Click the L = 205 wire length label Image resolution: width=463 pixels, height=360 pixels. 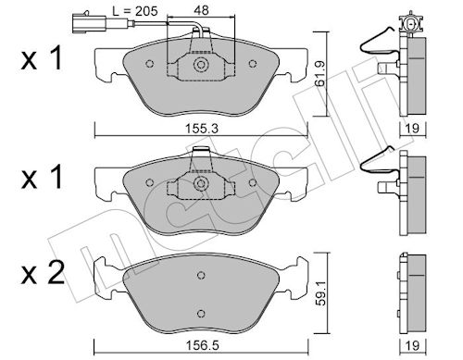coord(135,11)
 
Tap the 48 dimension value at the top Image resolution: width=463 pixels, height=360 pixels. coord(201,10)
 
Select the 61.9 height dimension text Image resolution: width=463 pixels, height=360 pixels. coord(321,74)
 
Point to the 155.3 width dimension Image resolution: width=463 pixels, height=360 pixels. coord(202,129)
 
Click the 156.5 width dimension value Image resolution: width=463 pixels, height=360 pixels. coord(202,345)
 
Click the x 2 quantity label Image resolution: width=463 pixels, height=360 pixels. coord(43,272)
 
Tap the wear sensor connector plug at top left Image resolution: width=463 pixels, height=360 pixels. coord(90,22)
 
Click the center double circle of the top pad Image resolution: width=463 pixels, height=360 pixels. coord(201,65)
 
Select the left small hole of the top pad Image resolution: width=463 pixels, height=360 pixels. coord(149,64)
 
